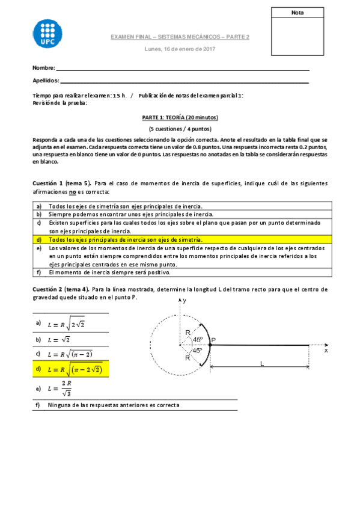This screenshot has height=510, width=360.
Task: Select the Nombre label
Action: [x=43, y=67]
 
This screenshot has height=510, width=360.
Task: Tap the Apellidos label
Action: [x=46, y=81]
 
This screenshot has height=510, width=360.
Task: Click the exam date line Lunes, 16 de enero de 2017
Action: [x=180, y=49]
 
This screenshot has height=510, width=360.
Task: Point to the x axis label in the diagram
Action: [x=326, y=349]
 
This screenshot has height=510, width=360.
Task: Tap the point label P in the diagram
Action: [x=213, y=340]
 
